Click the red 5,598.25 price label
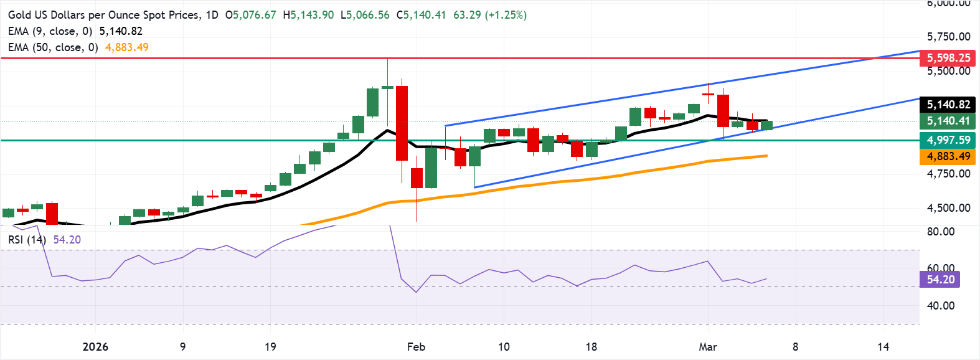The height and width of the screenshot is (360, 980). [948, 58]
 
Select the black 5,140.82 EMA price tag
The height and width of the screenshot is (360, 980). [948, 105]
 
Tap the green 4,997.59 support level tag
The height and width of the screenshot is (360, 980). [948, 140]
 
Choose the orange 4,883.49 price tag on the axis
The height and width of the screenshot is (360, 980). [948, 156]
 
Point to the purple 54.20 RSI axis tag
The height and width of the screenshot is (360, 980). [940, 280]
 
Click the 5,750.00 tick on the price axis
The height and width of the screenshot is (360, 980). [948, 37]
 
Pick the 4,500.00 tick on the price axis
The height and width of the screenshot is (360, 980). [948, 208]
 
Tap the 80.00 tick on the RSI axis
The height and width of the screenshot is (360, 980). [940, 232]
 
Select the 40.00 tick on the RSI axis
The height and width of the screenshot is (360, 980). [940, 306]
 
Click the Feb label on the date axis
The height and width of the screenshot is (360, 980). [416, 347]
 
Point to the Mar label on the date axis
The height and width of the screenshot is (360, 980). [708, 347]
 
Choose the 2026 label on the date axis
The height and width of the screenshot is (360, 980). [95, 347]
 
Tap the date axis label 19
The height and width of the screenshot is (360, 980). [270, 347]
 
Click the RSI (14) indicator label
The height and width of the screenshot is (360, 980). [27, 240]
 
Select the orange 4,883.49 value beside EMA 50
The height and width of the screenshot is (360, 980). [127, 47]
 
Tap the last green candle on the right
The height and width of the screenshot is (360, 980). [766, 125]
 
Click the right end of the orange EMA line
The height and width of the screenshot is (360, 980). [766, 156]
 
